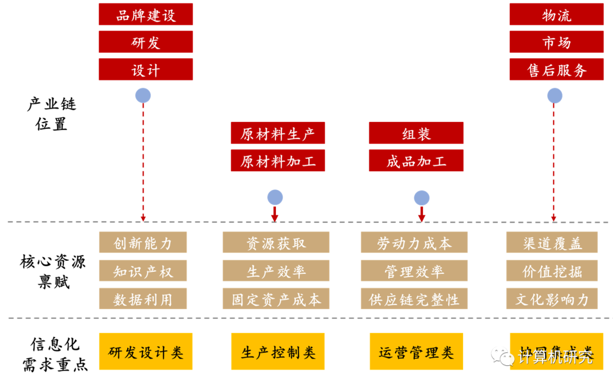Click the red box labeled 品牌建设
click(145, 14)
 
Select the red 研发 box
click(145, 42)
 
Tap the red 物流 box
click(556, 14)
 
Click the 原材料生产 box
click(278, 133)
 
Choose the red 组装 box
click(416, 133)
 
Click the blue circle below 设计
click(143, 95)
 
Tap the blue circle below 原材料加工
click(275, 197)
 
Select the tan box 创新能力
click(142, 243)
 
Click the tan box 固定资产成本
click(276, 299)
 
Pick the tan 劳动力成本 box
click(414, 243)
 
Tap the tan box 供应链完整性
click(414, 299)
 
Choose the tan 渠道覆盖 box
click(552, 243)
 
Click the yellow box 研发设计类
click(146, 352)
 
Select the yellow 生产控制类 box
click(278, 352)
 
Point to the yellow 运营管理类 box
click(416, 352)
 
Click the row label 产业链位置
click(52, 114)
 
